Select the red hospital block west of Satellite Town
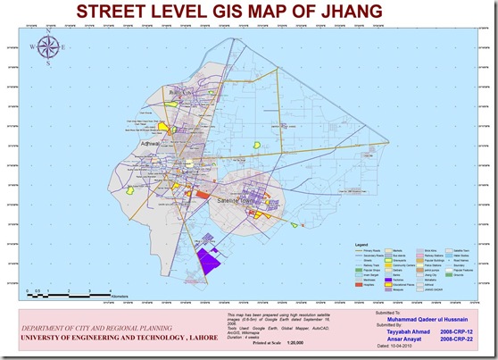202,192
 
